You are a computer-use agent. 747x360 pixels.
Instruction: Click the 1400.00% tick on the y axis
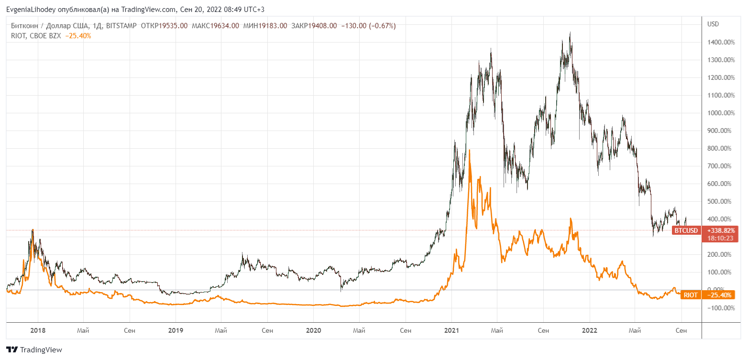(x=720, y=42)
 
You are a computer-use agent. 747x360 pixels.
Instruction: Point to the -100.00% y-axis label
(x=720, y=308)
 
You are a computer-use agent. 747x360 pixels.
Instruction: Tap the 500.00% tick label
(x=721, y=201)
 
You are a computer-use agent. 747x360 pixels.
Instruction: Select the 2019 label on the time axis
(x=176, y=330)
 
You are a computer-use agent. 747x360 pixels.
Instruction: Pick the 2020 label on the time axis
(x=313, y=330)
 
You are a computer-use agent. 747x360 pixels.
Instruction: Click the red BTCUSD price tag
(x=686, y=230)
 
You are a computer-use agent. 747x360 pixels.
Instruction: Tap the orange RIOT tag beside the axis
(x=690, y=295)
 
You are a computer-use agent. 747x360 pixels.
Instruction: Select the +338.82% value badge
(x=720, y=230)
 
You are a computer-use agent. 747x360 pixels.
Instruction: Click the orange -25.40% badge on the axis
(x=719, y=295)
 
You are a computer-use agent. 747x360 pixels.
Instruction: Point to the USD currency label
(x=713, y=24)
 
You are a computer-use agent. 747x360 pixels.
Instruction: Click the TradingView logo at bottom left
(x=34, y=349)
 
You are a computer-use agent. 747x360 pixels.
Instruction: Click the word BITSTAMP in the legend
(x=121, y=26)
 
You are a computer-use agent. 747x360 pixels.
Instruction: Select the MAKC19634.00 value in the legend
(x=215, y=26)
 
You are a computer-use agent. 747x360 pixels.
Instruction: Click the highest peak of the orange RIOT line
(x=470, y=150)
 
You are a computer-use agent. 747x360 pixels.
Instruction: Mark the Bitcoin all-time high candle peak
(x=570, y=33)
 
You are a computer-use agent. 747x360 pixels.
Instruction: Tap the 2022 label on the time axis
(x=589, y=330)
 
